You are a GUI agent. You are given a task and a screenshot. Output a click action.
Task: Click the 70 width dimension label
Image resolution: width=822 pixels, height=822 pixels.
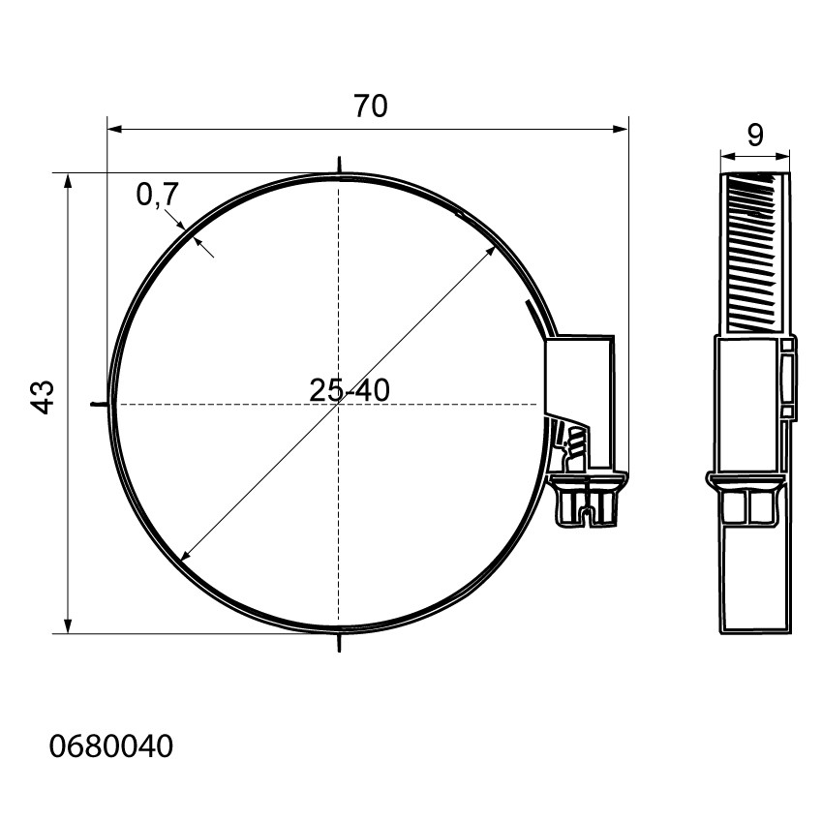pos(371,106)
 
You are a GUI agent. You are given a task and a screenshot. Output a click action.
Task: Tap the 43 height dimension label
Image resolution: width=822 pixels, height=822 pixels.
pos(42,397)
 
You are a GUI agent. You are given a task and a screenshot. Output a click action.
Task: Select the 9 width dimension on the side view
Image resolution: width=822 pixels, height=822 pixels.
pos(755,136)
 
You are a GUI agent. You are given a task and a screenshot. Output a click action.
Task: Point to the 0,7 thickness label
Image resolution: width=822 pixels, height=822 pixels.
pos(157,195)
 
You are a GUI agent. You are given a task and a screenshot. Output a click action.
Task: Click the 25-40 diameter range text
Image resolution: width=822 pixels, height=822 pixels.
pos(350,390)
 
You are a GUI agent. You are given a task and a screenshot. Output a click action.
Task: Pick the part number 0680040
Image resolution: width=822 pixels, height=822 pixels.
pos(111,746)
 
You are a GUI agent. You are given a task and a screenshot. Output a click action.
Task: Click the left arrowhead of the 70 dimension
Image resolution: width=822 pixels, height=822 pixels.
pos(114,129)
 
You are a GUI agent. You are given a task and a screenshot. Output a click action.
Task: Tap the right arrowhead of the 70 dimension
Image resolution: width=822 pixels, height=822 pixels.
pos(621,129)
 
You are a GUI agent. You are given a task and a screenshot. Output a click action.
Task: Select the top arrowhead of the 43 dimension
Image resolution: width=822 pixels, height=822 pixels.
pos(67,181)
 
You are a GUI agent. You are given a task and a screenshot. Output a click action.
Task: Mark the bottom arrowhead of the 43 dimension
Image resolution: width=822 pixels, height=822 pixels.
pos(67,625)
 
